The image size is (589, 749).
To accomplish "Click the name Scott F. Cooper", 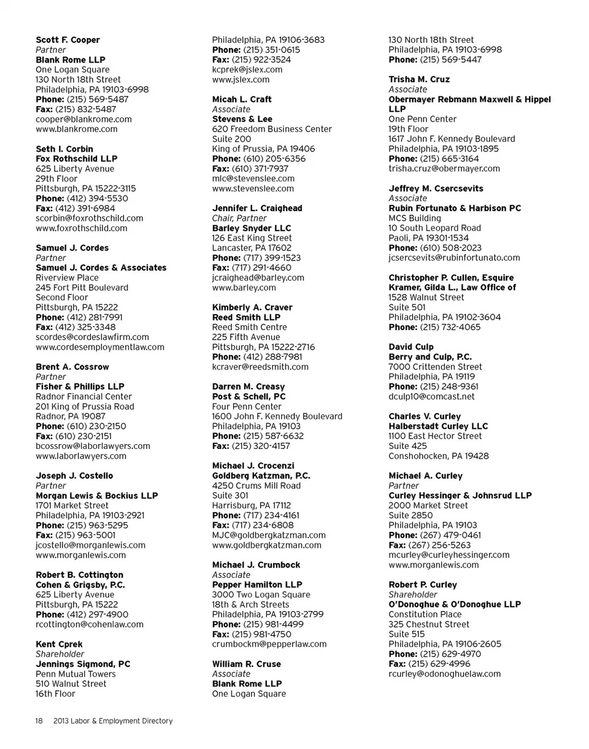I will coord(67,40).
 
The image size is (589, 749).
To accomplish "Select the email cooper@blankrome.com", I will coord(83,119).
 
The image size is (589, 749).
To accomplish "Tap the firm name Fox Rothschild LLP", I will coord(77,159).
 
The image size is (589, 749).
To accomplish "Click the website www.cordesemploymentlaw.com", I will coord(100,347).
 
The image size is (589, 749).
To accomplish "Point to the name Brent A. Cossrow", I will coord(72,367).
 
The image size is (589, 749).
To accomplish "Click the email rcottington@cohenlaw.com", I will coord(90,624).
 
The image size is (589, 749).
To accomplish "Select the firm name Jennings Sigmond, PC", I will coord(83,664).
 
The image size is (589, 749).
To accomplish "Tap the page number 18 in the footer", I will coord(39,721).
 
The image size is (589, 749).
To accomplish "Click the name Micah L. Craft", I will coord(242,99).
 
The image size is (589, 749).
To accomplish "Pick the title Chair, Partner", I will coord(239,218).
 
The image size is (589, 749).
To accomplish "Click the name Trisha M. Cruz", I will coord(419,79).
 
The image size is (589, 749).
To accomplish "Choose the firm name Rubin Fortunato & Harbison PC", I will coord(455,208).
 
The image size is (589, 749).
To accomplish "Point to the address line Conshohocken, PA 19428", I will coord(439,456).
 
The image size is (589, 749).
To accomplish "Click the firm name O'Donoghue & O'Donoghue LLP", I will coord(455,604).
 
